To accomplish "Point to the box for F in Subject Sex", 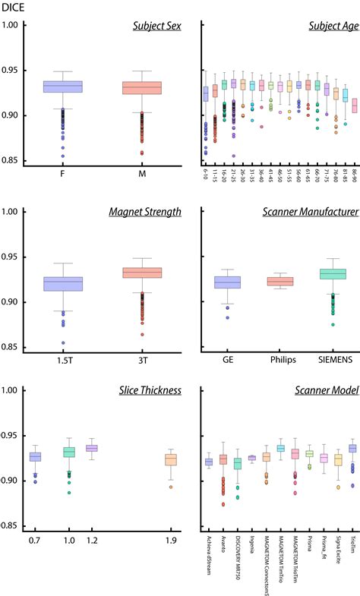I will click(x=73, y=87).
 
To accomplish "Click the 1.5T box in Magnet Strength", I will click(x=73, y=284).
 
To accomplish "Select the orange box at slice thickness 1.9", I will click(x=171, y=459).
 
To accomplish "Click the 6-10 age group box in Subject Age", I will click(x=206, y=94).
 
